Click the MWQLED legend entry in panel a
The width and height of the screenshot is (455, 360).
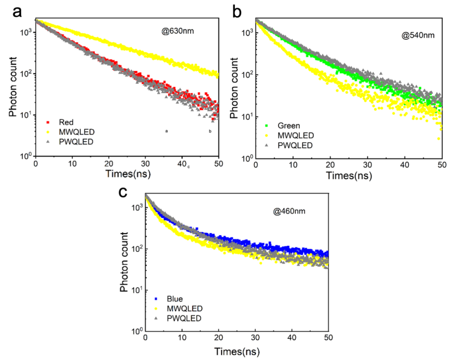(74, 131)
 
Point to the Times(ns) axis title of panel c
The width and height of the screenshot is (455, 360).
(237, 352)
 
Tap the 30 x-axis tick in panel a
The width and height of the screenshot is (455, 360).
(146, 164)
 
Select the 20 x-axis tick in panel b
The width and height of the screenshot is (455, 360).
(330, 165)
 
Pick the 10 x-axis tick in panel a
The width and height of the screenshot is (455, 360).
(72, 164)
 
